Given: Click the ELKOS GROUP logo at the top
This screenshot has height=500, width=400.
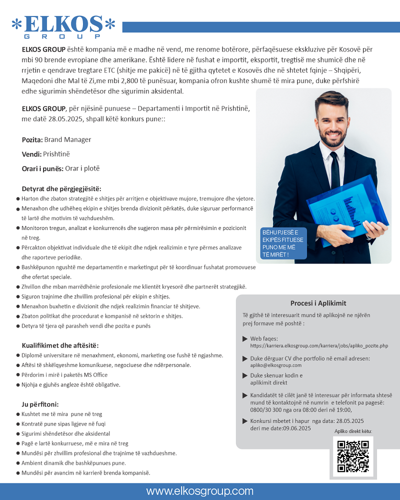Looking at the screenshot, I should tap(63, 27).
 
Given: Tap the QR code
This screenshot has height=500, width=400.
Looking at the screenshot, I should tap(353, 456).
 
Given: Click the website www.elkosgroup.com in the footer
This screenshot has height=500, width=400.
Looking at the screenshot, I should tap(200, 491).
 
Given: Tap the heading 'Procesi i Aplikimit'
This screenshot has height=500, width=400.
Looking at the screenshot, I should tap(318, 303).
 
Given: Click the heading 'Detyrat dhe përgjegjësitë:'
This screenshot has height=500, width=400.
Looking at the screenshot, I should tap(61, 188).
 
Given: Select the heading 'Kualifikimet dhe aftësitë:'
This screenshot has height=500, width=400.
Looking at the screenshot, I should tap(60, 345).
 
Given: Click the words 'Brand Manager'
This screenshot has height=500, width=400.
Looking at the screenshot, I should tap(67, 139).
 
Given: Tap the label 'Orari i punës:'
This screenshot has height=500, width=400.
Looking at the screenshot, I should tap(42, 168).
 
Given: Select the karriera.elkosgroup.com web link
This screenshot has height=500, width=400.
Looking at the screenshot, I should tap(319, 345).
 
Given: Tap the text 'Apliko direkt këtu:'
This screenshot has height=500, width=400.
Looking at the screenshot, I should tap(353, 431).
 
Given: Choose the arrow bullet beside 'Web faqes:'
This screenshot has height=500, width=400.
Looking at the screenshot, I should tap(244, 339).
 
